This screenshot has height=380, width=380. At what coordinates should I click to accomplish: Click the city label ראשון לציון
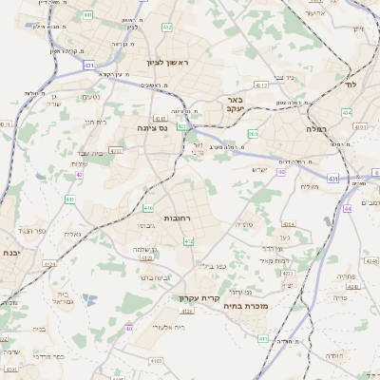[x=168, y=63]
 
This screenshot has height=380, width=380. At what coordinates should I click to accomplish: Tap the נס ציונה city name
[x=153, y=126]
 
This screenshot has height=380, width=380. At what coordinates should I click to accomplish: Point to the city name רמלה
[x=315, y=126]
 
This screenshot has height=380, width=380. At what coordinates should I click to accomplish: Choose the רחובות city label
[x=179, y=218]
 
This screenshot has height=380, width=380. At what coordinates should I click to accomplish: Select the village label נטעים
[x=91, y=97]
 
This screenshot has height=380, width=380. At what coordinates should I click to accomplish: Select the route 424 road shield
[x=346, y=112]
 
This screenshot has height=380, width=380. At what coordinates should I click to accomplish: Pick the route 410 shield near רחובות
[x=147, y=207]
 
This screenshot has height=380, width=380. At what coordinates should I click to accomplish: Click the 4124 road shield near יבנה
[x=48, y=264]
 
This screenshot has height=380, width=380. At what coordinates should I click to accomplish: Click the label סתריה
[x=244, y=224]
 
